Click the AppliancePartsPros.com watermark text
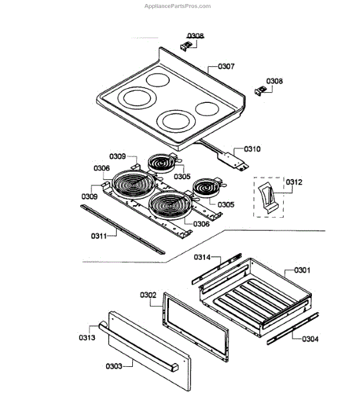pos(178,6)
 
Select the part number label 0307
pos(226,66)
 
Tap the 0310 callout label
pos(252,149)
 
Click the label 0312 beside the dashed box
pos(294,182)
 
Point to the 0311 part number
pos(99,236)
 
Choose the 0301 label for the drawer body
pos(302,270)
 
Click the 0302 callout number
pos(148,295)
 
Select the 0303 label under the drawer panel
pos(114,366)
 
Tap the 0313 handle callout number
pos(87,338)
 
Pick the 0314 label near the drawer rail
pos(202,257)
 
